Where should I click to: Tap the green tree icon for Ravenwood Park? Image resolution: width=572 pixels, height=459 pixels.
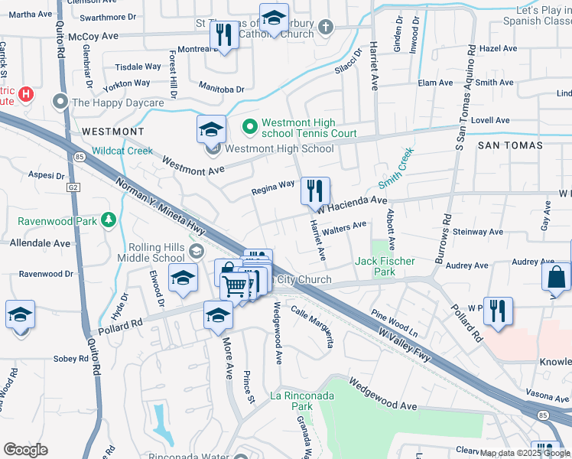pyautogui.click(x=110, y=221)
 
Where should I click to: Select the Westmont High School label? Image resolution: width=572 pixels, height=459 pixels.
pyautogui.click(x=280, y=148)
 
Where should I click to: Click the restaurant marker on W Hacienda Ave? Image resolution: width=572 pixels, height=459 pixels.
pyautogui.click(x=315, y=191)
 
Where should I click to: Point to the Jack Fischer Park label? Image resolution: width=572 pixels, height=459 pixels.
pyautogui.click(x=385, y=266)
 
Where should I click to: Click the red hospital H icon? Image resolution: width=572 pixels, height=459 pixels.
pyautogui.click(x=27, y=94)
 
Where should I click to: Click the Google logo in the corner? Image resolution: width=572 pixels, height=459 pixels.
pyautogui.click(x=25, y=450)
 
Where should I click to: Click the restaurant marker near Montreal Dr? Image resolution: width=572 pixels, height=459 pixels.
pyautogui.click(x=224, y=35)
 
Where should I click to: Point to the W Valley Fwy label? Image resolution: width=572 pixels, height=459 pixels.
pyautogui.click(x=411, y=344)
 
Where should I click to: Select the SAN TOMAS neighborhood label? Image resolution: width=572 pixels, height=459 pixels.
pyautogui.click(x=510, y=145)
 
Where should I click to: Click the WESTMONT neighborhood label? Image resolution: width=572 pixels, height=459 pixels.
pyautogui.click(x=112, y=132)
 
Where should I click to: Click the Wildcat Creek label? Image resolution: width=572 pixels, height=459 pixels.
pyautogui.click(x=123, y=151)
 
